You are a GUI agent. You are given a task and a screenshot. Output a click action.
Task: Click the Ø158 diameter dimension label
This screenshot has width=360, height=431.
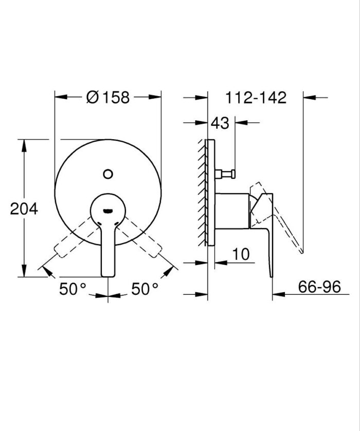coord(108,97)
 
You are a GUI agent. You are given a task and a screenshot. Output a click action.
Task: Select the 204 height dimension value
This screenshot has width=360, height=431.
coord(24,209)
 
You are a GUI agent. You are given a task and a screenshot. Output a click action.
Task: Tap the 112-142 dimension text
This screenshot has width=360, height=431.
coord(256,97)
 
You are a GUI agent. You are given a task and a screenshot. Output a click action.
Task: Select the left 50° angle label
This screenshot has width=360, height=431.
coord(72,289)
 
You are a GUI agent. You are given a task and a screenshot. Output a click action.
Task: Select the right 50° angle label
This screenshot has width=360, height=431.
coord(145,289)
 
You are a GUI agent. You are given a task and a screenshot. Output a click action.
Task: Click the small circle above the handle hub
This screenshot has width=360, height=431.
coord(108,174)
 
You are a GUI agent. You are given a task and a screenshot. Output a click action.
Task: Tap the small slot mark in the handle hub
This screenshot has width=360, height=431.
coord(108,210)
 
